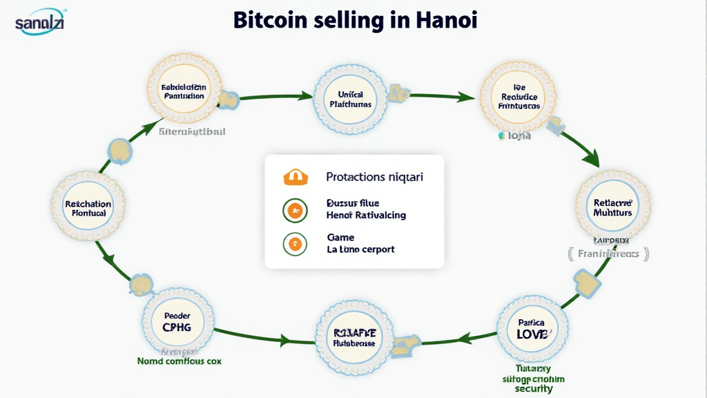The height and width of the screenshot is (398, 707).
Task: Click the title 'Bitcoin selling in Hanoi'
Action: [355, 19]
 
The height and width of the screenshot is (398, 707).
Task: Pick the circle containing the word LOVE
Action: [532, 328]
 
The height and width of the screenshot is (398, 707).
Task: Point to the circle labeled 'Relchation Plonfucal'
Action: [88, 208]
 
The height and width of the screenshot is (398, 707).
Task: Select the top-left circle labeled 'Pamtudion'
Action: [183, 92]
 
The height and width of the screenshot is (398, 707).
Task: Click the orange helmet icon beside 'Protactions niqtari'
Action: [293, 177]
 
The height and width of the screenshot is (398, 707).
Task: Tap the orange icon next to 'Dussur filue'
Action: [294, 209]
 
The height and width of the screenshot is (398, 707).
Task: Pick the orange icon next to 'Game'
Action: [294, 243]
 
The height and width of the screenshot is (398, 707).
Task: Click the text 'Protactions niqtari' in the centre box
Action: [374, 177]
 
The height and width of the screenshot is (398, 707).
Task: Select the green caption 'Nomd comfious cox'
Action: [179, 361]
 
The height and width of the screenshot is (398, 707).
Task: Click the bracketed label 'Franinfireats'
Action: [608, 254]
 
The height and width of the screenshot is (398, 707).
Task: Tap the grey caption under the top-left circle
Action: [191, 131]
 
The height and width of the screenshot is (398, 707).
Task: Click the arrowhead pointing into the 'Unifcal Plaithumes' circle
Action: [305, 96]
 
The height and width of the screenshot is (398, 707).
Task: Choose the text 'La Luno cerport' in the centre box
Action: [360, 249]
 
